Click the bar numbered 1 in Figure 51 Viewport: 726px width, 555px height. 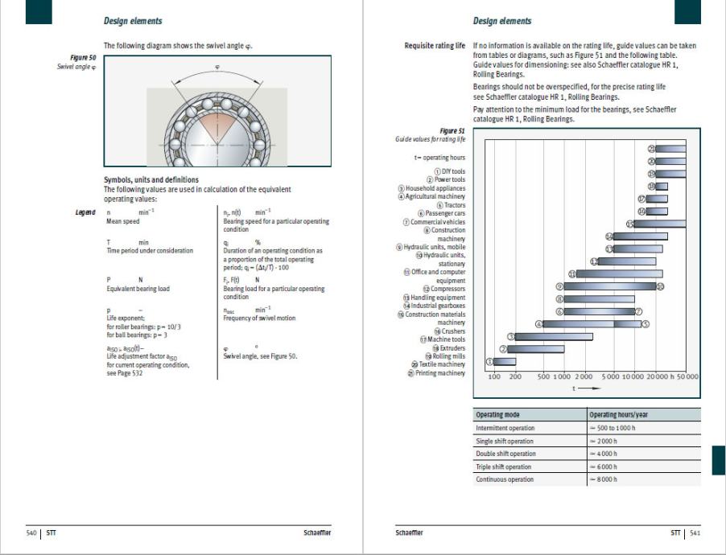[x=505, y=362]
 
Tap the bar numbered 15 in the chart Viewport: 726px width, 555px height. [x=660, y=224]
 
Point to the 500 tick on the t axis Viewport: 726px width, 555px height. [x=544, y=376]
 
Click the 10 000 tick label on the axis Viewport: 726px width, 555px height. [x=633, y=376]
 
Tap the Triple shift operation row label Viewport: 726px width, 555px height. [x=504, y=467]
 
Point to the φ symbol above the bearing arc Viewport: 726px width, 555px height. [x=218, y=67]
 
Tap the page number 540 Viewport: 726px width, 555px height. [x=33, y=532]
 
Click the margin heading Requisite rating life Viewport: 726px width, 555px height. [x=435, y=46]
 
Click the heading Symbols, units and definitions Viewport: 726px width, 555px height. [x=151, y=179]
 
